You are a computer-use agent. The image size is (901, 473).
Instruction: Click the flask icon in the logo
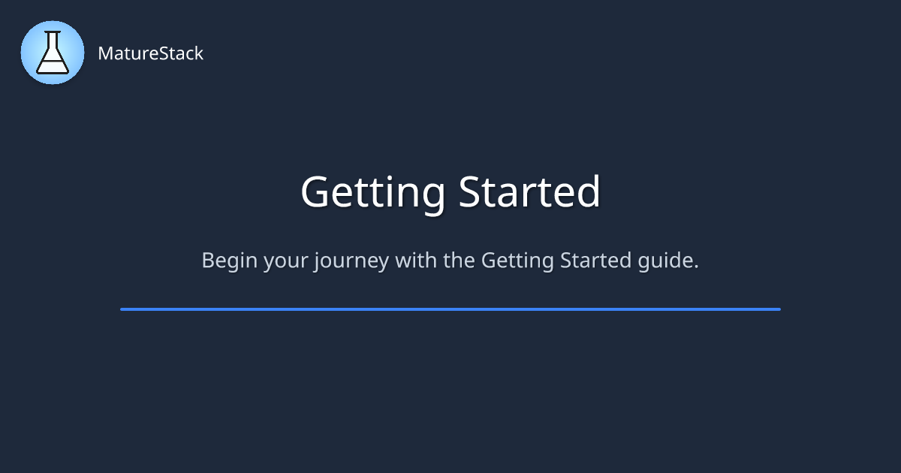pyautogui.click(x=53, y=53)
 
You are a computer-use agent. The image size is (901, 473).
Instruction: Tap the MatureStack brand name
pyautogui.click(x=150, y=53)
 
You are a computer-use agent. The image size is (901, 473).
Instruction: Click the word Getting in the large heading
pyautogui.click(x=373, y=193)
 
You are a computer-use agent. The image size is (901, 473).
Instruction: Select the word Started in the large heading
pyautogui.click(x=529, y=191)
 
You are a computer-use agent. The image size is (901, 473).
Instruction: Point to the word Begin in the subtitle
pyautogui.click(x=229, y=261)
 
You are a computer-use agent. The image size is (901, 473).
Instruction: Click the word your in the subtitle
pyautogui.click(x=286, y=262)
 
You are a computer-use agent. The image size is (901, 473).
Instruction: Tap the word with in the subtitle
pyautogui.click(x=416, y=260)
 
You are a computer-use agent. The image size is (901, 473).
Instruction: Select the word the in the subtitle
pyautogui.click(x=459, y=260)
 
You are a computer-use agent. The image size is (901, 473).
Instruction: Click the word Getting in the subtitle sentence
pyautogui.click(x=517, y=261)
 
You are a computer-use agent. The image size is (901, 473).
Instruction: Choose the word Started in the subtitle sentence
pyautogui.click(x=595, y=260)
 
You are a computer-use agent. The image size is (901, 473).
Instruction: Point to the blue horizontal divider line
pyautogui.click(x=450, y=309)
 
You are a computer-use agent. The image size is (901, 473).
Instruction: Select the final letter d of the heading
pyautogui.click(x=587, y=191)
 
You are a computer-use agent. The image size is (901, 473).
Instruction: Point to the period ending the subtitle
pyautogui.click(x=696, y=267)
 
